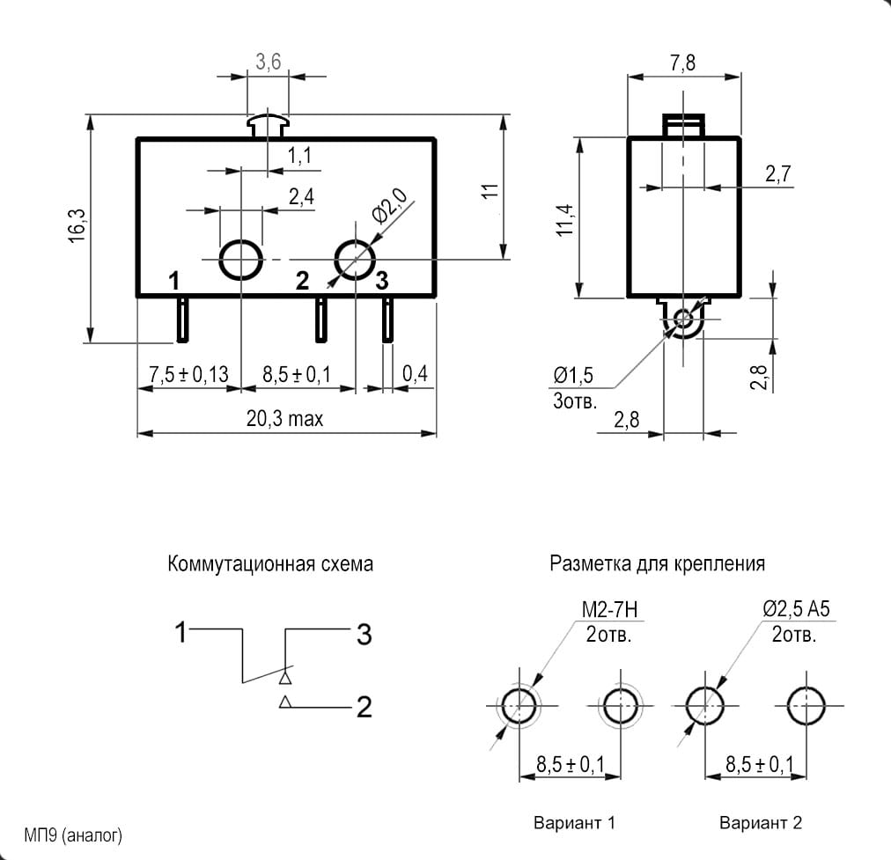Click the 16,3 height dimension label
[x=77, y=226]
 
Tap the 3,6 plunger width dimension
[x=268, y=62]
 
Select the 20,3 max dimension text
[x=284, y=419]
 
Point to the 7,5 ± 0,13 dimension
[x=188, y=374]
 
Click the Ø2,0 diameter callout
[x=389, y=206]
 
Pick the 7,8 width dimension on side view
[x=682, y=62]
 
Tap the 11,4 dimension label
[x=565, y=220]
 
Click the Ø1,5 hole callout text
[x=573, y=375]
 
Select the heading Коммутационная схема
[x=270, y=564]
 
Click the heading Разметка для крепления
[x=658, y=563]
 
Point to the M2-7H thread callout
[x=610, y=609]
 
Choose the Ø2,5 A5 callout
[x=796, y=609]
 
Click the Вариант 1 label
[x=575, y=822]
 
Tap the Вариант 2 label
[x=761, y=822]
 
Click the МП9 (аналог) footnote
[x=73, y=835]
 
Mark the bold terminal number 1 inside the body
[x=173, y=281]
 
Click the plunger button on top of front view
[x=268, y=127]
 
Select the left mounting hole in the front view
[x=241, y=260]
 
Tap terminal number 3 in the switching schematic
[x=364, y=635]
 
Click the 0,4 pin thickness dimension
[x=415, y=374]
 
